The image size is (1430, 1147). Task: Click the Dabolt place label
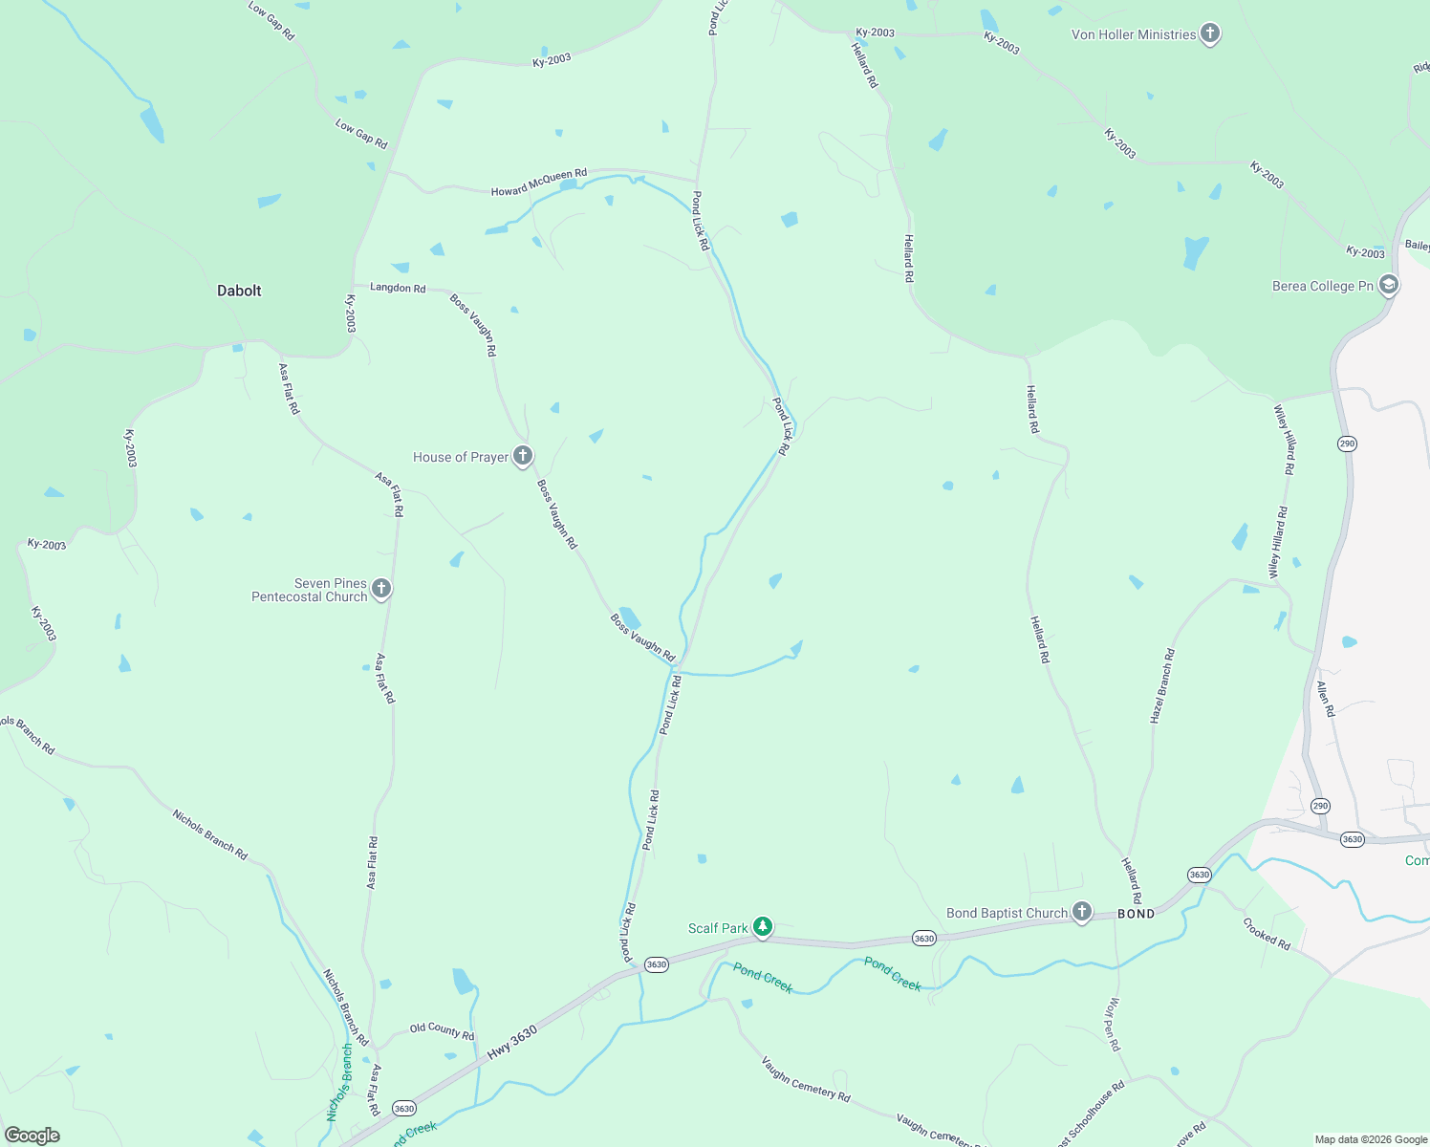pyautogui.click(x=239, y=291)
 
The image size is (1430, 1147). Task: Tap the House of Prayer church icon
pyautogui.click(x=523, y=456)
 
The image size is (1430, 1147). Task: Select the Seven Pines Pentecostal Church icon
pyautogui.click(x=381, y=589)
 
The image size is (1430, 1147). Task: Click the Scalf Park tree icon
pyautogui.click(x=762, y=926)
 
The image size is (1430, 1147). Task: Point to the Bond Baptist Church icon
pyautogui.click(x=1081, y=912)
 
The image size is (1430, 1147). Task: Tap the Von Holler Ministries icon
pyautogui.click(x=1210, y=34)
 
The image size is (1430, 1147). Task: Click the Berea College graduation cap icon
pyautogui.click(x=1389, y=285)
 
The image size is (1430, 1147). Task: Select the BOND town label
pyautogui.click(x=1136, y=914)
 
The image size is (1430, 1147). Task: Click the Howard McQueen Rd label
pyautogui.click(x=539, y=183)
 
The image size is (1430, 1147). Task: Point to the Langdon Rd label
pyautogui.click(x=398, y=288)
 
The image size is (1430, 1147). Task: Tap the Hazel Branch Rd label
pyautogui.click(x=1162, y=685)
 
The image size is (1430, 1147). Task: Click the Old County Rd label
pyautogui.click(x=442, y=1030)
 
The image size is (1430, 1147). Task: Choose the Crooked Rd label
pyautogui.click(x=1267, y=934)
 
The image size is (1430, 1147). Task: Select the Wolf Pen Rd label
pyautogui.click(x=1114, y=1025)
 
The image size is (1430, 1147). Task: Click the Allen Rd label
pyautogui.click(x=1325, y=699)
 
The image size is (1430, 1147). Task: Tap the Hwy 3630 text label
pyautogui.click(x=512, y=1042)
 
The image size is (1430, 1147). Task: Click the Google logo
pyautogui.click(x=32, y=1136)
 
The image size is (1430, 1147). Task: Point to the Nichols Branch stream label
pyautogui.click(x=339, y=1082)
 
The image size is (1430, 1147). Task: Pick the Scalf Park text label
pyautogui.click(x=718, y=928)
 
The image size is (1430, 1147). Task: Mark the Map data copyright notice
pyautogui.click(x=1371, y=1139)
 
